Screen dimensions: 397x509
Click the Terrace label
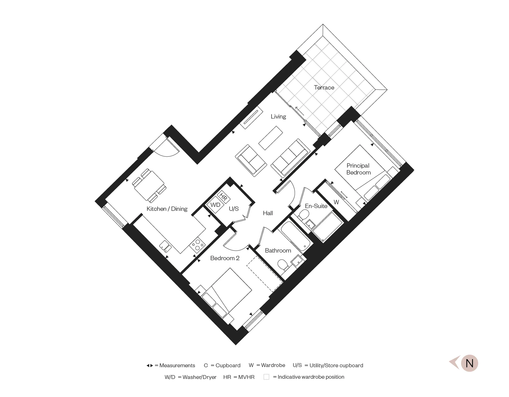point(324,87)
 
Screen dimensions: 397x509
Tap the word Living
point(278,116)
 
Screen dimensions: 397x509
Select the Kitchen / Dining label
point(167,209)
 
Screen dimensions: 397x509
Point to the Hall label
point(268,213)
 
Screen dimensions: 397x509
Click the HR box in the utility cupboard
point(224,197)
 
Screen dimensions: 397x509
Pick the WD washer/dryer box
point(215,205)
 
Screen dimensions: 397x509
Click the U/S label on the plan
point(234,209)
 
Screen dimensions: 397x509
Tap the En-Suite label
point(316,206)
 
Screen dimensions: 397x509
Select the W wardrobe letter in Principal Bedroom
point(336,202)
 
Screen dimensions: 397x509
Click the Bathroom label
point(278,251)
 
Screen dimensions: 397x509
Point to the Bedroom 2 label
point(225,258)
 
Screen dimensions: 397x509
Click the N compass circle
point(470,363)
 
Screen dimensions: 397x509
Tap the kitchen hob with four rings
point(197,245)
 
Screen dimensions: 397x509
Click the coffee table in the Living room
point(271,138)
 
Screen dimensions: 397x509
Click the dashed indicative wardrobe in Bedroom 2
point(265,274)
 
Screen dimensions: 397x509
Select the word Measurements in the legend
point(177,365)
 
